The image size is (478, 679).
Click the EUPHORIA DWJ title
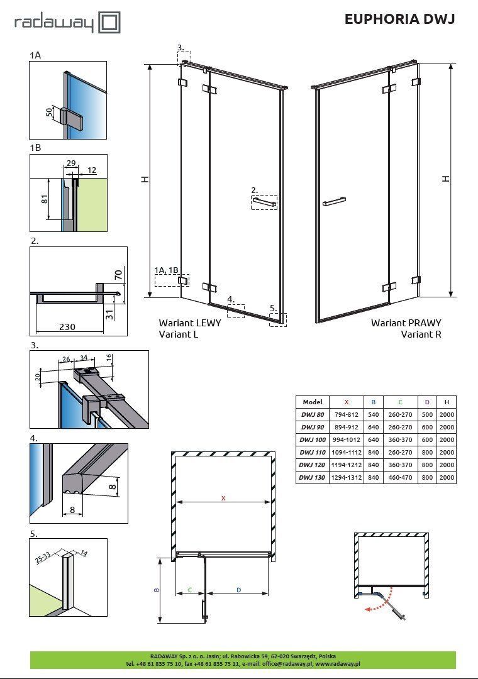coord(399,19)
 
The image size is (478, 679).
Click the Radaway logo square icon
coord(109,23)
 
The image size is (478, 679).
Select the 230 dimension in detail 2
coord(68,328)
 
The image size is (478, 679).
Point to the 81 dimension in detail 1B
coord(44,199)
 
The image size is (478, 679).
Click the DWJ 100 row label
coord(313,439)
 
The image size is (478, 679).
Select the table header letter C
coord(400,402)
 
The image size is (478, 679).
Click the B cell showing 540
coord(374,414)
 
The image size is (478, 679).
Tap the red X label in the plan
coord(222,498)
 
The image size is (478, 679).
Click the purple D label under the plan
coord(238,589)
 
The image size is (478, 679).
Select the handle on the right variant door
coord(334,202)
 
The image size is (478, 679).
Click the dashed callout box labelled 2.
coord(264,202)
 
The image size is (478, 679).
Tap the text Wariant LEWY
coord(189,323)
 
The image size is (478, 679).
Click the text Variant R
coord(421,334)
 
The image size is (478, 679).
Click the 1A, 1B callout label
coord(167,270)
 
